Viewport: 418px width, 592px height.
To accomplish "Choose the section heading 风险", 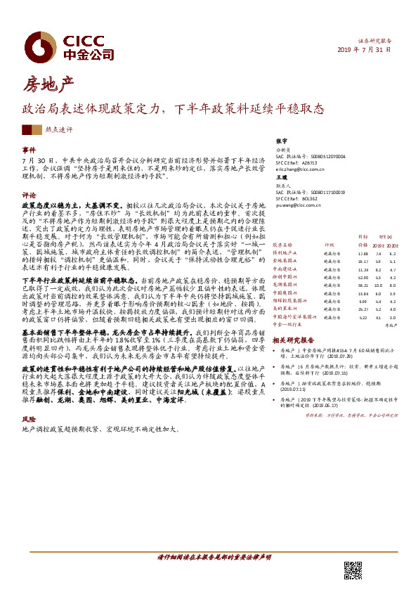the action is click(29, 418).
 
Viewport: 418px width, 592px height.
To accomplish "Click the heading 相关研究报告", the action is click(294, 338).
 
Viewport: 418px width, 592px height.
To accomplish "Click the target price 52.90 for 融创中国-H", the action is click(363, 278).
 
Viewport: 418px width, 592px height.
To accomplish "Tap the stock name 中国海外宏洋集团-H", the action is click(295, 317).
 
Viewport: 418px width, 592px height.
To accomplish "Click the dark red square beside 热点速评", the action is click(27, 129).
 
